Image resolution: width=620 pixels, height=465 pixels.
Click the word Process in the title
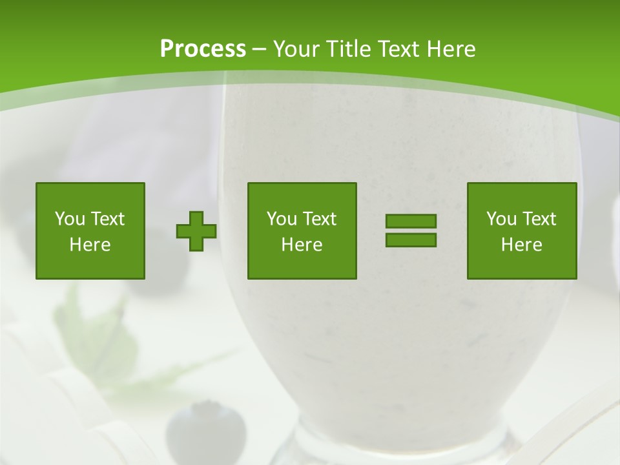pyautogui.click(x=203, y=49)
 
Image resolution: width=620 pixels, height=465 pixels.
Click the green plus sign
pyautogui.click(x=196, y=231)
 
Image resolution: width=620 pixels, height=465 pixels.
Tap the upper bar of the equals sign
pyautogui.click(x=411, y=222)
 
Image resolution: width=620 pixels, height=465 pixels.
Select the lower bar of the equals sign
pyautogui.click(x=411, y=240)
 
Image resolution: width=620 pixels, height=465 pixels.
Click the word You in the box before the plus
pyautogui.click(x=70, y=219)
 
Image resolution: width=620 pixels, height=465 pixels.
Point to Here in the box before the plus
pyautogui.click(x=90, y=245)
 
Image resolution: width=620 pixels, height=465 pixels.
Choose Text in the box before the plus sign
pyautogui.click(x=107, y=219)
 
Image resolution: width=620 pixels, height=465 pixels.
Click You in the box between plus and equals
pyautogui.click(x=282, y=219)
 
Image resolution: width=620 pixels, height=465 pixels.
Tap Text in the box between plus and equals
pyautogui.click(x=319, y=219)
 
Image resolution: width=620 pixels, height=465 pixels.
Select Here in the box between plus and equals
pyautogui.click(x=302, y=245)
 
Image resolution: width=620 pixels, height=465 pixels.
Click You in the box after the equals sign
pyautogui.click(x=501, y=219)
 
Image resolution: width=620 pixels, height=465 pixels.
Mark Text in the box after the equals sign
pyautogui.click(x=539, y=219)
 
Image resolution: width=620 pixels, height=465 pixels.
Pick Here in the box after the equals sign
pyautogui.click(x=521, y=245)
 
